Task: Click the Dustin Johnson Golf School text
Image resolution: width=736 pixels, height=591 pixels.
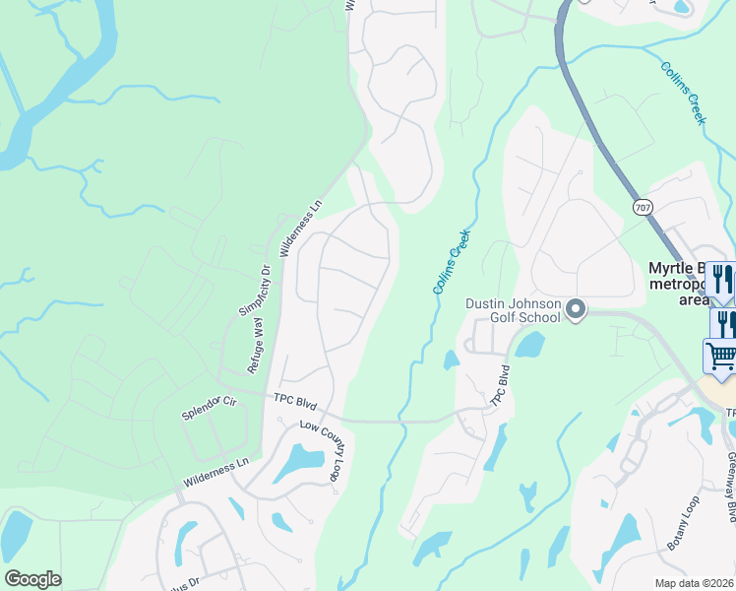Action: tap(513, 310)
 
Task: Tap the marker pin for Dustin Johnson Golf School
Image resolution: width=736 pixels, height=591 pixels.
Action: tap(576, 311)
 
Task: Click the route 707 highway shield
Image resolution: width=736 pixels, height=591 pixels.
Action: tap(643, 208)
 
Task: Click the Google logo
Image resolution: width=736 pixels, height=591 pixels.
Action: tap(32, 579)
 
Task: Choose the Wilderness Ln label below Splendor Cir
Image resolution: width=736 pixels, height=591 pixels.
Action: tap(215, 473)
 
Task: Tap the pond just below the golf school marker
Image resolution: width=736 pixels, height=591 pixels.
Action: tap(528, 344)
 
